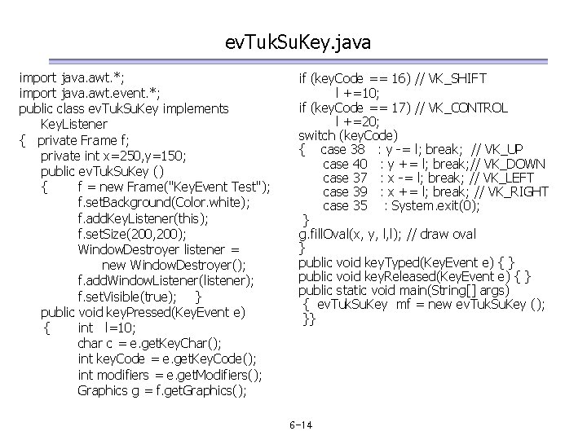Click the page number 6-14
(x=302, y=425)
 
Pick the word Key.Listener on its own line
(x=73, y=124)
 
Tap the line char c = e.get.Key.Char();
(x=151, y=343)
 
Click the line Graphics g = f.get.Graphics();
(x=161, y=390)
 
